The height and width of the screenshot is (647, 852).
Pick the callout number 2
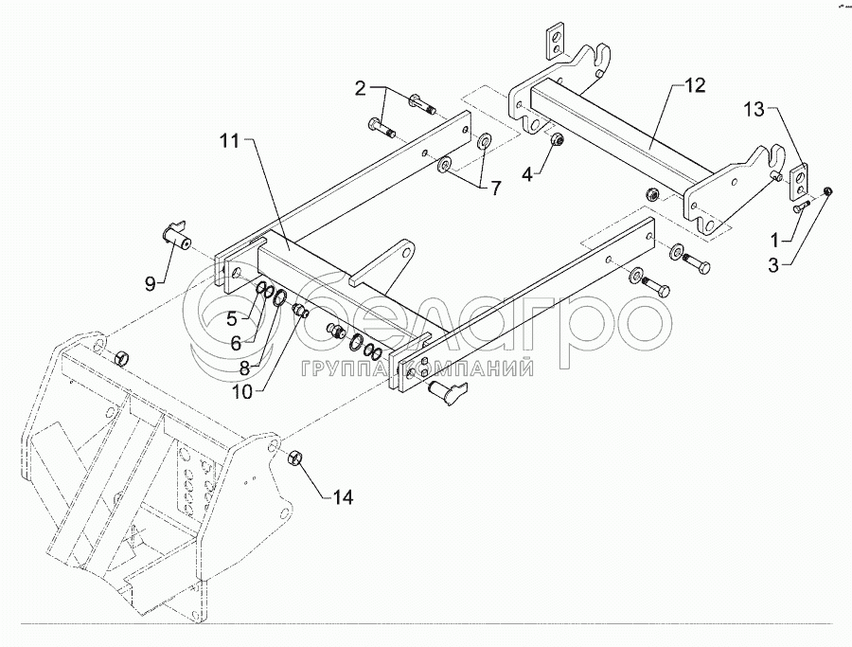pos(360,89)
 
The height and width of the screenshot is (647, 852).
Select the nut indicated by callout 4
pos(559,141)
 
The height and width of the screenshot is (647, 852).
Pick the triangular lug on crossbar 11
pos(390,262)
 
